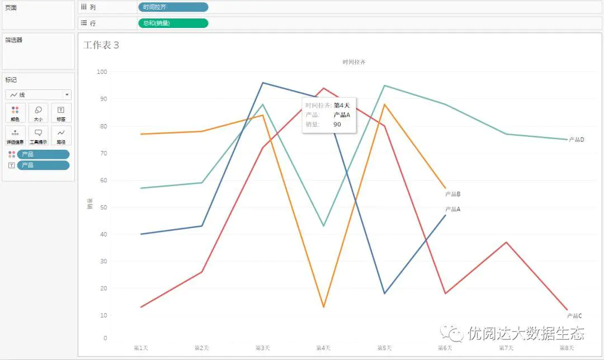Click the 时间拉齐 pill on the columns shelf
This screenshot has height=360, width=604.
(x=173, y=7)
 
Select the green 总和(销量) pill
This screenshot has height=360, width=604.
(x=173, y=23)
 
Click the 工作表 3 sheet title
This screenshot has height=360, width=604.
(x=101, y=45)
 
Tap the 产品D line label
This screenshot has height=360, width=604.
(x=576, y=140)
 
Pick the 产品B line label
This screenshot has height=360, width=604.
(x=452, y=195)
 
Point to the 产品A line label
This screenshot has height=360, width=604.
(x=452, y=210)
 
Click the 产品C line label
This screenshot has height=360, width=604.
(x=574, y=316)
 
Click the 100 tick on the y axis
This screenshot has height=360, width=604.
(x=101, y=72)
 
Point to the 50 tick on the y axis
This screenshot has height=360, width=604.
(x=103, y=207)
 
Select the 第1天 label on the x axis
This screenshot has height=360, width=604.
(x=141, y=348)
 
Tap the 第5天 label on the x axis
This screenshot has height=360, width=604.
(x=384, y=348)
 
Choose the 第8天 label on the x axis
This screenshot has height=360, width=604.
(x=567, y=348)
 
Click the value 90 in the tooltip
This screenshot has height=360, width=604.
(x=337, y=125)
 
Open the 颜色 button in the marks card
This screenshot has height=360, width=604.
(x=15, y=113)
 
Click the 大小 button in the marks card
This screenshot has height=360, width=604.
(x=38, y=113)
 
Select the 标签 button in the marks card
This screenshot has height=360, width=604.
(x=61, y=113)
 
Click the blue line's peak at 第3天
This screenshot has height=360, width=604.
(x=263, y=83)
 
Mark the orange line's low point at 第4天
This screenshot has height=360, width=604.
(x=324, y=307)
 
